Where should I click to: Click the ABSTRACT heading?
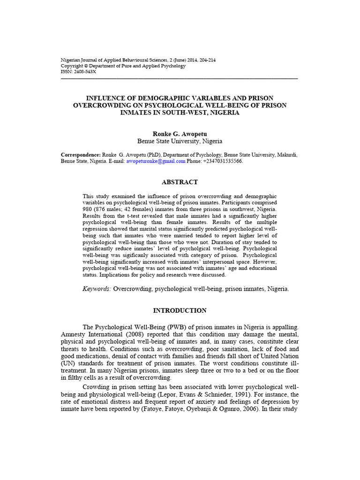click(180, 182)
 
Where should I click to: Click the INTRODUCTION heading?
click(180, 310)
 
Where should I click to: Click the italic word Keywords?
click(97, 289)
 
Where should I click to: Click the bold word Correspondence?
click(81, 155)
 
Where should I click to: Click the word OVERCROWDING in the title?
click(100, 105)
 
